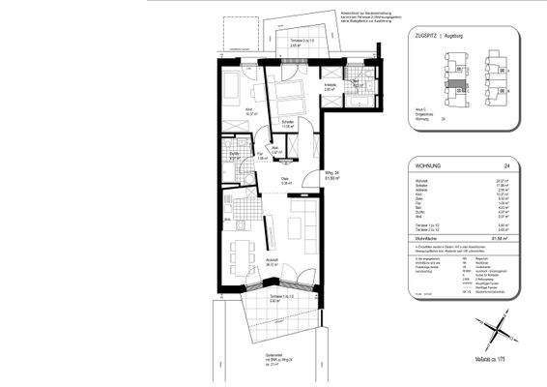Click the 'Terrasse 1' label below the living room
[x=283, y=299]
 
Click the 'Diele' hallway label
[x=285, y=182]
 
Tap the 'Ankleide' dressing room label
[x=329, y=85]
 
